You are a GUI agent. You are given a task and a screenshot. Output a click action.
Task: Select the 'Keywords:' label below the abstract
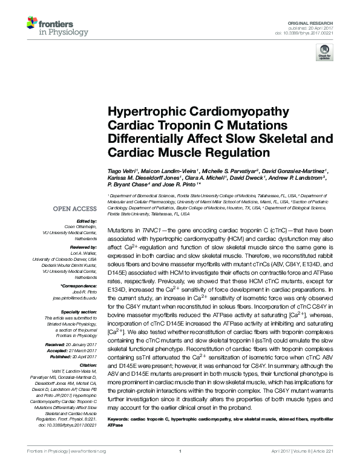[x=121, y=419]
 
